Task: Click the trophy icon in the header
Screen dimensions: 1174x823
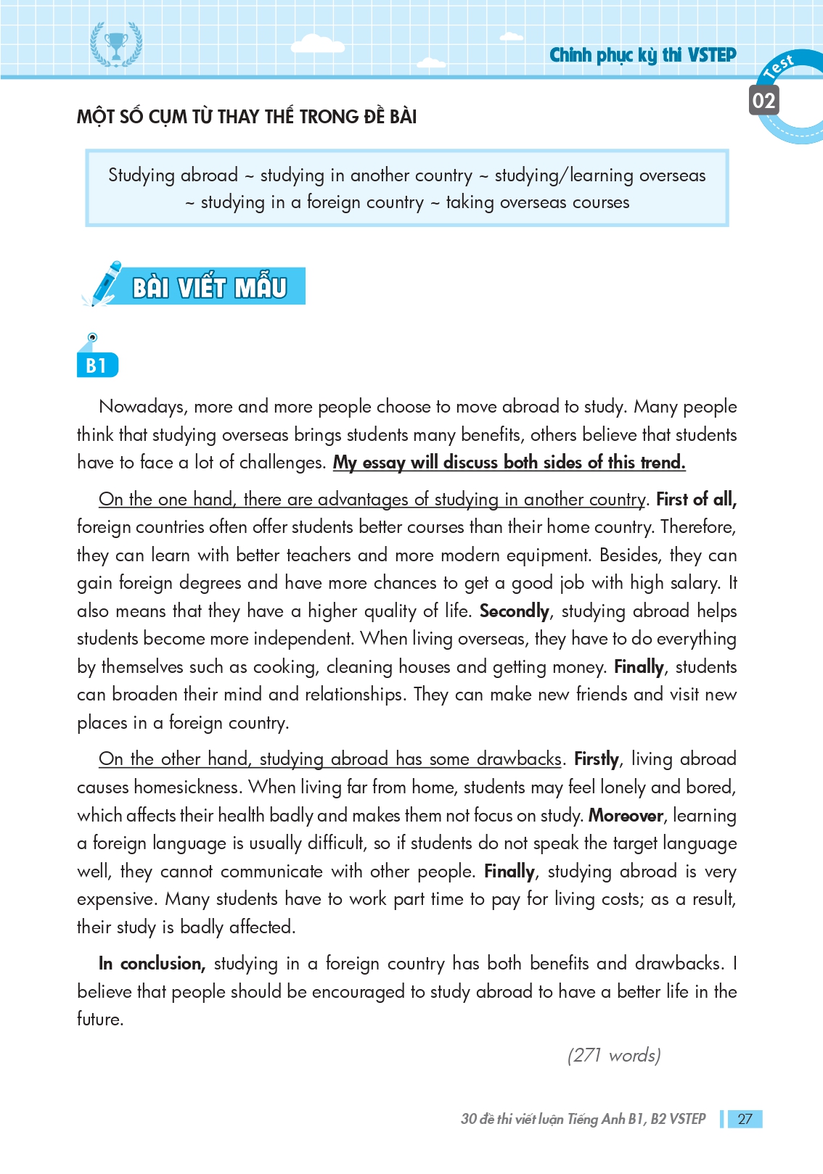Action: (116, 45)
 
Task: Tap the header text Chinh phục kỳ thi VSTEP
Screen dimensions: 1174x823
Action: (642, 55)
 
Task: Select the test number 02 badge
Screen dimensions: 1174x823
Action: (763, 100)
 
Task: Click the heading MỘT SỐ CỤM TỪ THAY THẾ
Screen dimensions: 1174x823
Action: (247, 117)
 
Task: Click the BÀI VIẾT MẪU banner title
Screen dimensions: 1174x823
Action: (210, 287)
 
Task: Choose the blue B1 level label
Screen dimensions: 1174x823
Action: (97, 365)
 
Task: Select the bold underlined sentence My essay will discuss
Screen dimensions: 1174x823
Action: (509, 463)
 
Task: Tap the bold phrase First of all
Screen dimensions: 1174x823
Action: (696, 500)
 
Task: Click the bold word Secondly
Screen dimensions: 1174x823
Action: (514, 611)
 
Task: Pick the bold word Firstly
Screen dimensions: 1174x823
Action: (597, 759)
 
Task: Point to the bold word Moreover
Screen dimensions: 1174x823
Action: (626, 816)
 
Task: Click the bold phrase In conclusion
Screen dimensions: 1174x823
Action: (152, 964)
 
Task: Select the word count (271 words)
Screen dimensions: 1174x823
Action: (614, 1055)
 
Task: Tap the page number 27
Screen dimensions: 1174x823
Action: (745, 1119)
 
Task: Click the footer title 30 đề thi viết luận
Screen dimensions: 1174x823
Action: (583, 1119)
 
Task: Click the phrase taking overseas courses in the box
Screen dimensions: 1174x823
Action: (537, 202)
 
